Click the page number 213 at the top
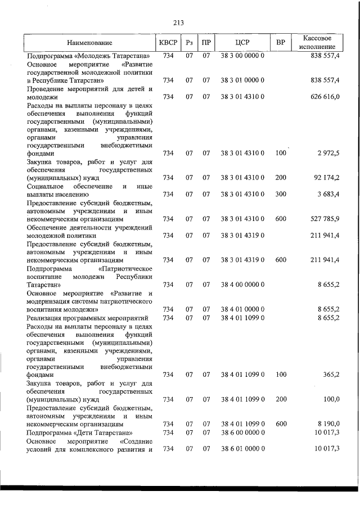point(179,23)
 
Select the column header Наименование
point(89,43)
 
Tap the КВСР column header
point(168,43)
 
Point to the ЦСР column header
point(242,43)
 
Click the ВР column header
point(281,43)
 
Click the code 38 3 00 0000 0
point(242,56)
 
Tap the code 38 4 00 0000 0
point(242,285)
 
